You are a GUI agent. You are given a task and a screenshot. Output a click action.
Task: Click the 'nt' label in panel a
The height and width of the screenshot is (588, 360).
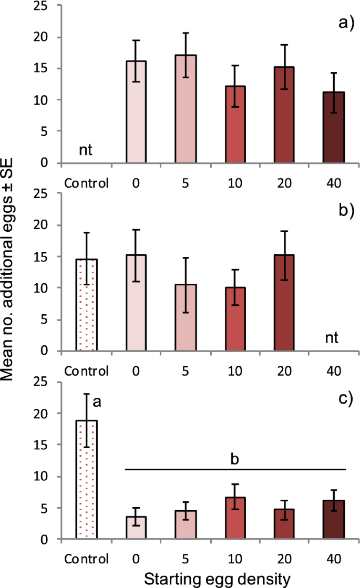pos(86,151)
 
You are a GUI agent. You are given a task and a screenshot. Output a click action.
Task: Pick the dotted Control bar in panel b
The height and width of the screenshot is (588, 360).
pos(86,305)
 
